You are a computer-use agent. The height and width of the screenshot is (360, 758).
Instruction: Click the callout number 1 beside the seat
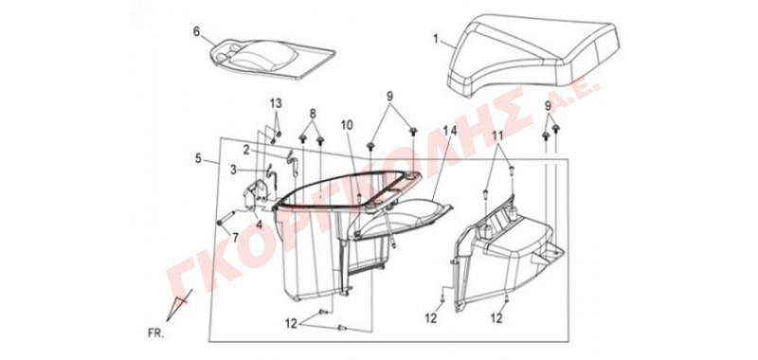tap(436, 39)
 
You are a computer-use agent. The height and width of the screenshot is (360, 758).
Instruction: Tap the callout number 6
tap(196, 31)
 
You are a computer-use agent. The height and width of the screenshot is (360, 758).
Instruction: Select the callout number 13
tap(276, 103)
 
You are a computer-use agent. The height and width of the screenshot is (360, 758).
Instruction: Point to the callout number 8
tap(313, 114)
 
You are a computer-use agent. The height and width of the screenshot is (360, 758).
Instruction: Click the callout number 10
tap(347, 125)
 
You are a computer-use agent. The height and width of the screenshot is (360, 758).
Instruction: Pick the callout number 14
tap(448, 131)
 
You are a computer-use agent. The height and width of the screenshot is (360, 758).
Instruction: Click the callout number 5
tap(199, 158)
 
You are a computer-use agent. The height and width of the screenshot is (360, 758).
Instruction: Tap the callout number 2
tap(246, 150)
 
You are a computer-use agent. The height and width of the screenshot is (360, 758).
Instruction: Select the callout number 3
tap(233, 170)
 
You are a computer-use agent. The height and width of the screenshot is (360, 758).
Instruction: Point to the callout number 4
tap(259, 225)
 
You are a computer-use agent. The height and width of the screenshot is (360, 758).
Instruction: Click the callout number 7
tap(235, 238)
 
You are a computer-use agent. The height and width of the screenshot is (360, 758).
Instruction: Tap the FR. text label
tap(155, 333)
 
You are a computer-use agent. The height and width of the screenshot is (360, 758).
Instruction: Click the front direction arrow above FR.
tap(178, 304)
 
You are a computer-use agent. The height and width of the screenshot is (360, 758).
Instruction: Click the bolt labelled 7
tap(227, 218)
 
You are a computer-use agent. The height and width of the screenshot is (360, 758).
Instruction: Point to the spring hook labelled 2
tap(293, 161)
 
